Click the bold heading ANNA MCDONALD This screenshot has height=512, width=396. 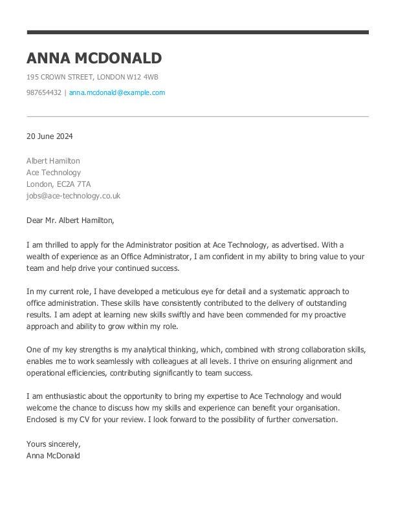[94, 58]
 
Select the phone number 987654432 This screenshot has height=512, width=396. [43, 92]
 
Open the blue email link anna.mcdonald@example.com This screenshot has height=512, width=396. [116, 92]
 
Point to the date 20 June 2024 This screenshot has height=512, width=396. [49, 136]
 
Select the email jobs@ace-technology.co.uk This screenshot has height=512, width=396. [73, 196]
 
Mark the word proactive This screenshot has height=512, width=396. [329, 315]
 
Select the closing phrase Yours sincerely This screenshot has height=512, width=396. [53, 444]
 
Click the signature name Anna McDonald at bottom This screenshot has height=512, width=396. [53, 456]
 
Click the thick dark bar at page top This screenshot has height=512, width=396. [197, 32]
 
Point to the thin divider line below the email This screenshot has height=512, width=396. [197, 116]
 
